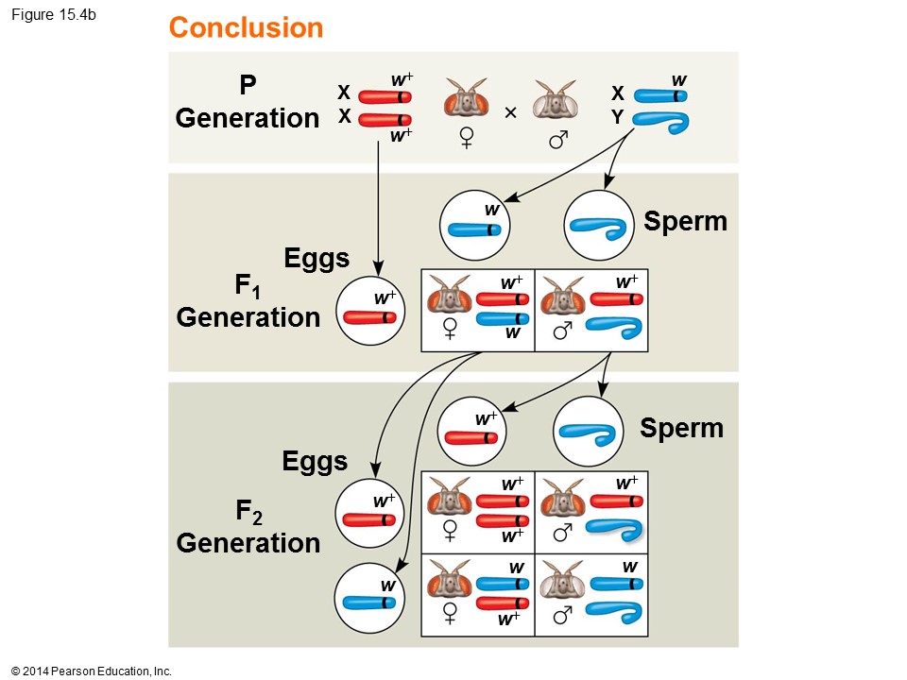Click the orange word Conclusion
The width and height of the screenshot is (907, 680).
tap(246, 28)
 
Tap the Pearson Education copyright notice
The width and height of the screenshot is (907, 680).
tap(92, 671)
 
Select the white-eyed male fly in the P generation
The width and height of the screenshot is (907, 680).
tap(555, 100)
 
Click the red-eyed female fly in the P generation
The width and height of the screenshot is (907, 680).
tap(466, 100)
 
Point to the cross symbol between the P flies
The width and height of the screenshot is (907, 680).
tap(511, 113)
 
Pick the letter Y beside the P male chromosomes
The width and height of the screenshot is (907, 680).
tap(618, 119)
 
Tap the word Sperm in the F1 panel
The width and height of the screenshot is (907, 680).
tap(685, 221)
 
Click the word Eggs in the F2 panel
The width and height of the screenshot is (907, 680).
tap(315, 461)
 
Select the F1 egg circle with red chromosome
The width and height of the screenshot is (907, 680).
tap(368, 310)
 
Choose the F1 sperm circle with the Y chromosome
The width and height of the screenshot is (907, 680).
tap(598, 224)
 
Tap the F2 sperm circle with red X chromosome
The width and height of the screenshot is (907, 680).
tap(474, 430)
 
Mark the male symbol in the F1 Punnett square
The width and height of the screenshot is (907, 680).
tap(562, 331)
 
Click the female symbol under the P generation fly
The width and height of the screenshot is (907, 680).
tap(467, 139)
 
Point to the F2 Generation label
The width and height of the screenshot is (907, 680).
tap(248, 528)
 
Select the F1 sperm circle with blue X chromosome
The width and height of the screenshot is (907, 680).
tap(474, 224)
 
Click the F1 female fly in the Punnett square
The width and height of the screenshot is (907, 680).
tap(450, 295)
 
